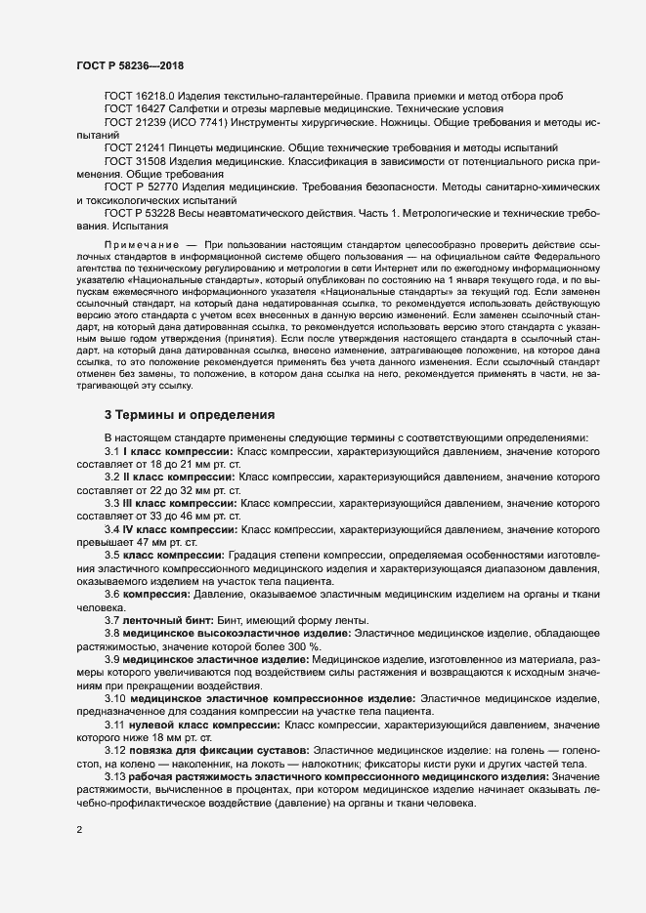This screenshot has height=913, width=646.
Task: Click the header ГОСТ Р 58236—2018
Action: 131,64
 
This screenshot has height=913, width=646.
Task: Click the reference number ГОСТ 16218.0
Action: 139,97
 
